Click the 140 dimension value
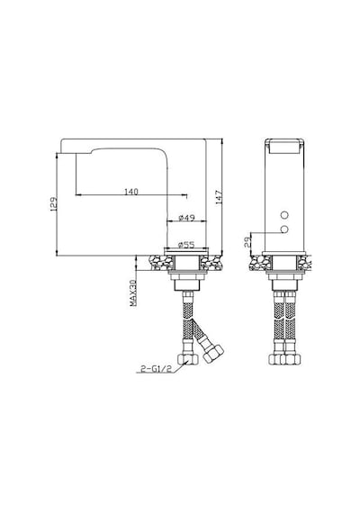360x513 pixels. coord(131,192)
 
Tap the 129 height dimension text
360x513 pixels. coord(54,203)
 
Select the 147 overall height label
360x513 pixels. coord(219,197)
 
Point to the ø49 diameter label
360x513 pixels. coord(187,218)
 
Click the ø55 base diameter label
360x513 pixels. coord(186,245)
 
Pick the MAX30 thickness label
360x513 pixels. coord(133,292)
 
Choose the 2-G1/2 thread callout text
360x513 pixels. coord(156,369)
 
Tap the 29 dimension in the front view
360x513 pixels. coord(247,242)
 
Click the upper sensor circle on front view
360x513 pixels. coord(285,215)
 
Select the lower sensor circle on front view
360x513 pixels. coord(285,229)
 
